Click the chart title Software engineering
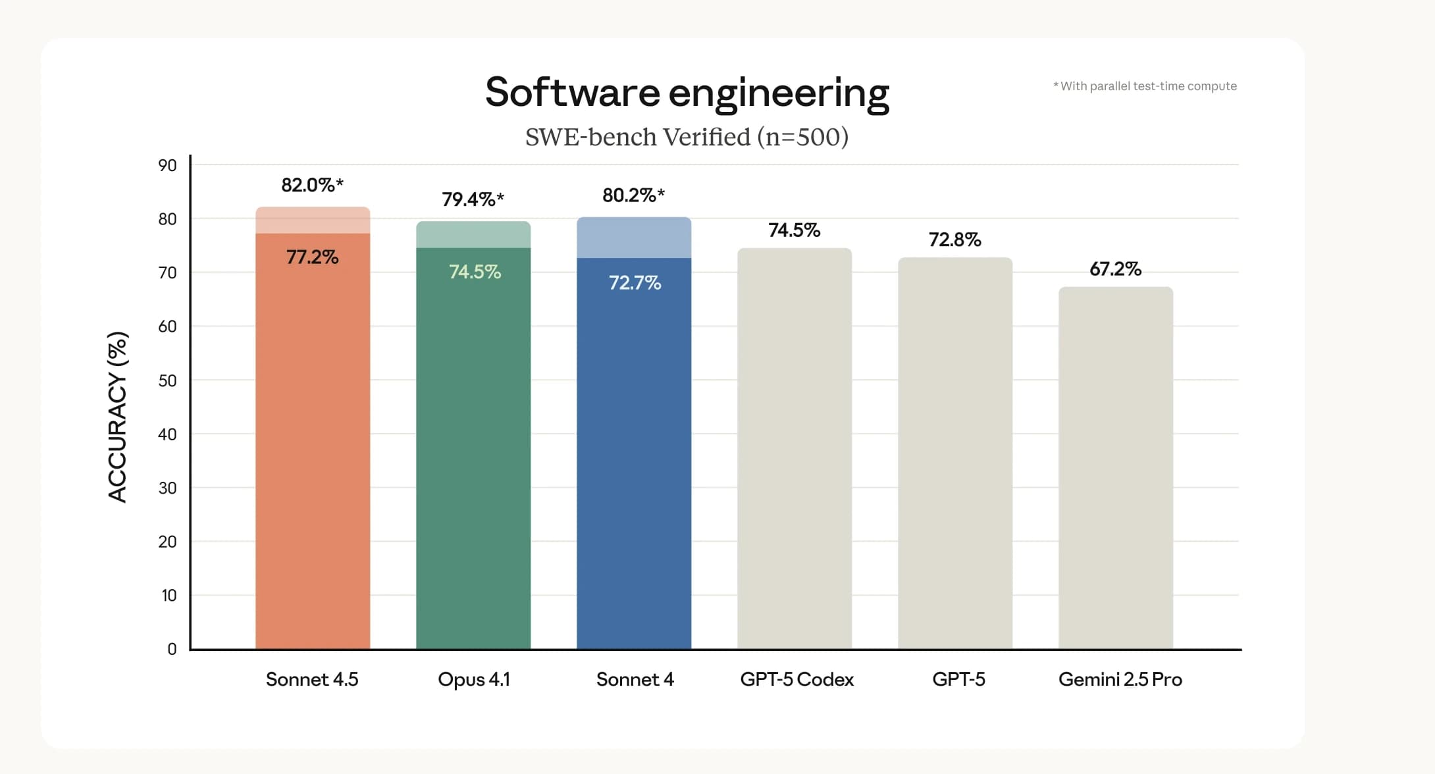click(x=687, y=92)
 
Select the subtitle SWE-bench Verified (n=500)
click(x=687, y=137)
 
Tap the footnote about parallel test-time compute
click(x=1145, y=86)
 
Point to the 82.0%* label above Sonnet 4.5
click(x=312, y=185)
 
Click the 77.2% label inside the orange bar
click(x=312, y=257)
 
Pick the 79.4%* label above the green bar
click(x=473, y=199)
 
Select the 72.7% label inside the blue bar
click(x=635, y=283)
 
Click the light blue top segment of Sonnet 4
click(x=634, y=238)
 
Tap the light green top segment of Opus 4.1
click(x=473, y=235)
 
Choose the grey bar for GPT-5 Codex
click(x=795, y=448)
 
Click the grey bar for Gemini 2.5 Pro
click(x=1116, y=467)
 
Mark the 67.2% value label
click(x=1115, y=269)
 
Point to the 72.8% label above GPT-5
click(x=954, y=240)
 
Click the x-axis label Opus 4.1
click(x=474, y=679)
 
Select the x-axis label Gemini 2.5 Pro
click(x=1120, y=679)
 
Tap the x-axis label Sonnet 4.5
click(x=312, y=679)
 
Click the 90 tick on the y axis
click(x=167, y=165)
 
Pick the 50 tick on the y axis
click(x=167, y=380)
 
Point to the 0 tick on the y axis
click(x=172, y=649)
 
